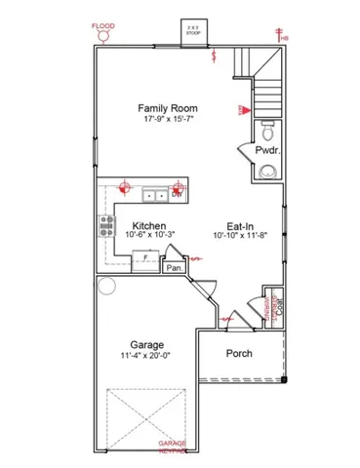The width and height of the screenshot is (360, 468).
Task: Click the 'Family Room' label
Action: (168, 107)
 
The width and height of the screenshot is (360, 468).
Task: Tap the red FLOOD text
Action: (101, 26)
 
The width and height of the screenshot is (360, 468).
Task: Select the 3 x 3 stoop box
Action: (194, 29)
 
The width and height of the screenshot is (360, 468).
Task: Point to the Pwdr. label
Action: (267, 151)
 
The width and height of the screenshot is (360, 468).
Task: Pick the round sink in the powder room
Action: (268, 173)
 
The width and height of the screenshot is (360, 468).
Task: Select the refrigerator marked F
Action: (146, 256)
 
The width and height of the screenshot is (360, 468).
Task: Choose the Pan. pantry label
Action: (175, 266)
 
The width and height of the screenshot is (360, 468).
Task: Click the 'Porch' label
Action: (239, 353)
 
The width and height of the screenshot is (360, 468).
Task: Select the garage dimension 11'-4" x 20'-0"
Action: (146, 357)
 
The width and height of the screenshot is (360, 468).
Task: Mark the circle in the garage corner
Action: (105, 288)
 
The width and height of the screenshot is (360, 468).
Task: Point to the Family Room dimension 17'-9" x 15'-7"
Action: (168, 118)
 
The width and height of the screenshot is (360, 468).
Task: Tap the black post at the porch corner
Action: (285, 377)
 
